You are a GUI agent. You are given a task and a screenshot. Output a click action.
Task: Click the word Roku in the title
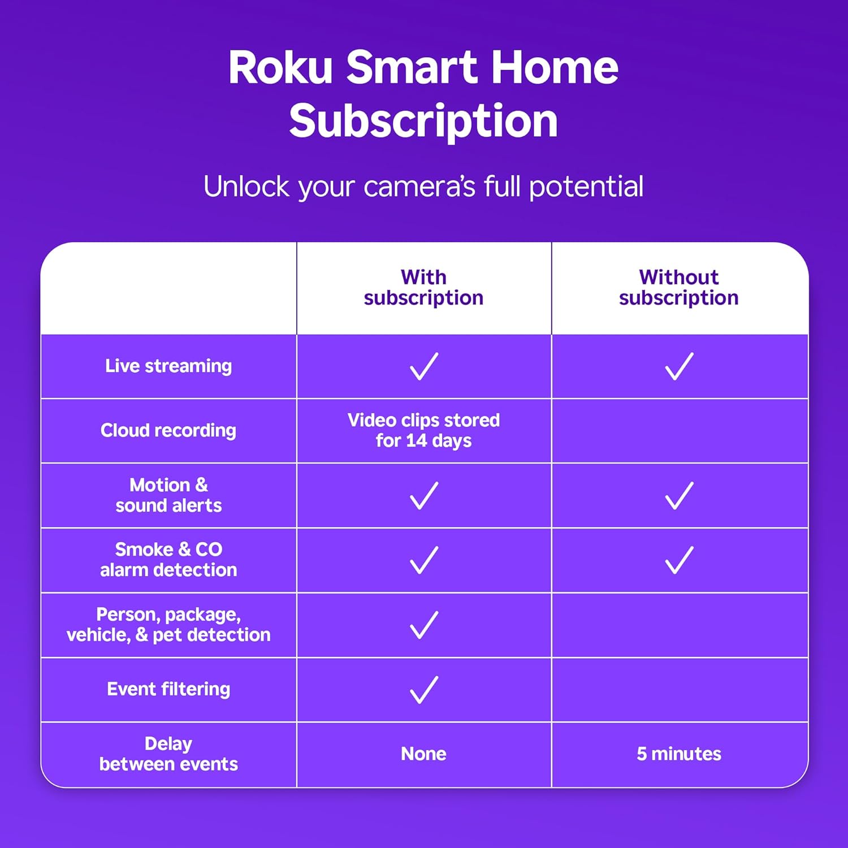click(x=280, y=68)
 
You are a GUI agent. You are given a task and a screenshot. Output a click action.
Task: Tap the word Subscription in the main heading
click(x=423, y=121)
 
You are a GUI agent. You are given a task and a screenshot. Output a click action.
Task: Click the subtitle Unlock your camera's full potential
click(x=423, y=187)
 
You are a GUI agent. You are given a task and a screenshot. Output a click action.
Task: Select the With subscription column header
click(x=423, y=287)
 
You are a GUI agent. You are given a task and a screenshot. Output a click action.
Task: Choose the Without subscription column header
click(x=678, y=287)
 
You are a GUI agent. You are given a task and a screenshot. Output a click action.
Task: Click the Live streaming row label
click(x=168, y=366)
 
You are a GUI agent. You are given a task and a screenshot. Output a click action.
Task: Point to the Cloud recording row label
click(x=168, y=431)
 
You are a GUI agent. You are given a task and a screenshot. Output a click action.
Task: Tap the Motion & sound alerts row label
click(x=168, y=495)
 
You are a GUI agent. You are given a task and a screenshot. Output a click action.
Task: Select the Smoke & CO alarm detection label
click(x=168, y=560)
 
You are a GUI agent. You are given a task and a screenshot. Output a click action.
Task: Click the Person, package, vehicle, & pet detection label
click(x=168, y=625)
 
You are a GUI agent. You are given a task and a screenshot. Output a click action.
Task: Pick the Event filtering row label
click(x=168, y=689)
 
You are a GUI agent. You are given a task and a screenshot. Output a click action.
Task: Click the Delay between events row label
click(x=168, y=754)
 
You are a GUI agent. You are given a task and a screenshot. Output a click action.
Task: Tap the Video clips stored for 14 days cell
click(x=423, y=431)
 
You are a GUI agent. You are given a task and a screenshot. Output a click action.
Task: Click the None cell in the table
click(x=423, y=754)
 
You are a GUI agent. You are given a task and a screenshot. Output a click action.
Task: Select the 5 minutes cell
click(x=678, y=754)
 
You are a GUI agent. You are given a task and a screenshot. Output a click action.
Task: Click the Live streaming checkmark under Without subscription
click(x=678, y=366)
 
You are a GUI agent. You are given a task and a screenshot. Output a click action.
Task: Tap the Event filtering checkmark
click(x=423, y=689)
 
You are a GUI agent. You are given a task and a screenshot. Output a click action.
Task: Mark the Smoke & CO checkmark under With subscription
click(x=423, y=560)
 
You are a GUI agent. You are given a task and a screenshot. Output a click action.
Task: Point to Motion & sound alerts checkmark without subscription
click(x=678, y=495)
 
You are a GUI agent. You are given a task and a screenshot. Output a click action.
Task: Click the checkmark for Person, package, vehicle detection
click(x=423, y=625)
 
